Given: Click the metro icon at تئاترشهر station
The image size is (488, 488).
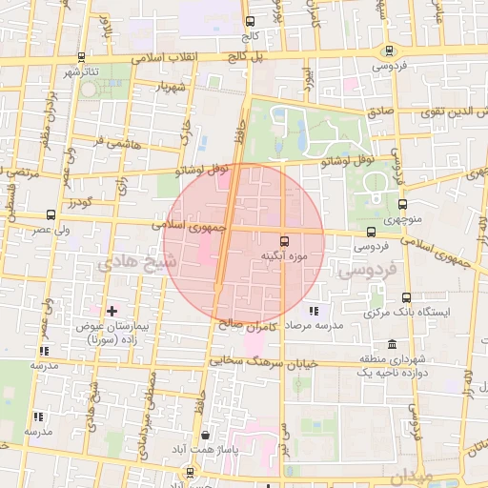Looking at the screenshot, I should pyautogui.click(x=81, y=57).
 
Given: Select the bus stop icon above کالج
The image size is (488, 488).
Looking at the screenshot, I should pyautogui.click(x=250, y=22).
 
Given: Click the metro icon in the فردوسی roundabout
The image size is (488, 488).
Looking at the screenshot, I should pyautogui.click(x=388, y=51).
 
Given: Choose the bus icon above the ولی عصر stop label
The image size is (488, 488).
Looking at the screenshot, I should pyautogui.click(x=51, y=215).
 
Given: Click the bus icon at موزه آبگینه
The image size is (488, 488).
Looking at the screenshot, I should pyautogui.click(x=284, y=240).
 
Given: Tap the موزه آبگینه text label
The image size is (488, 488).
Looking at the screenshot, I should pyautogui.click(x=283, y=256).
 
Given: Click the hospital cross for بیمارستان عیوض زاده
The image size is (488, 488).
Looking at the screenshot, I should pyautogui.click(x=112, y=311).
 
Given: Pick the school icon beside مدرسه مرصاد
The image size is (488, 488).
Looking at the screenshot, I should pyautogui.click(x=314, y=311).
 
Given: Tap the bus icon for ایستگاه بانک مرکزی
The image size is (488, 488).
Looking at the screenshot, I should pyautogui.click(x=407, y=297).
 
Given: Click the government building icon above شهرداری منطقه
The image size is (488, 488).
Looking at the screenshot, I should pyautogui.click(x=392, y=344).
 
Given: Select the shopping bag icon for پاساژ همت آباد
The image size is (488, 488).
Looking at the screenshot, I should pyautogui.click(x=205, y=436).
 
